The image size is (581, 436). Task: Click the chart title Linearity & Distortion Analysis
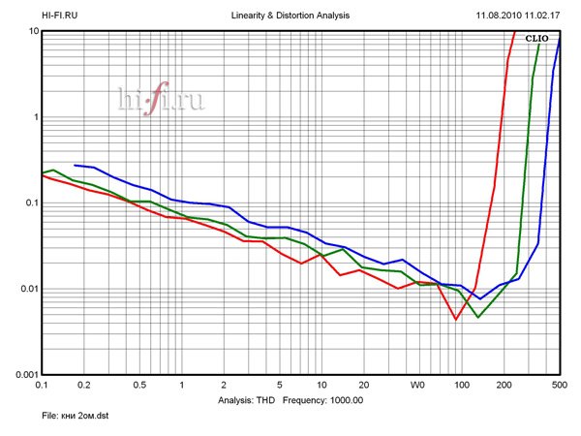[x=290, y=16]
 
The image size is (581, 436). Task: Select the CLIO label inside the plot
[x=536, y=39]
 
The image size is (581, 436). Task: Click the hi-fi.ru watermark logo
[x=161, y=98]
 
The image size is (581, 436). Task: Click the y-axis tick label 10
[x=32, y=32]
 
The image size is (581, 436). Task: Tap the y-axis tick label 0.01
[x=27, y=289]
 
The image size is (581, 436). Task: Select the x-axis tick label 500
[x=558, y=386]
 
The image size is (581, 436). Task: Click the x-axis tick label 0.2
[x=83, y=386]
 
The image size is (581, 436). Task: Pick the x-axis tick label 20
[x=362, y=386]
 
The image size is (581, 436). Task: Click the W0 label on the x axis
[x=417, y=386]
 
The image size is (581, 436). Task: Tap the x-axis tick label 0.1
[x=42, y=386]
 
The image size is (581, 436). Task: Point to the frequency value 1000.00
[x=342, y=399]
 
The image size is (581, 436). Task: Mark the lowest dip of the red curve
[x=456, y=319]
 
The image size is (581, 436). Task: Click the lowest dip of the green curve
[x=477, y=317]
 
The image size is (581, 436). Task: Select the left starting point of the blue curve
[x=75, y=165]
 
